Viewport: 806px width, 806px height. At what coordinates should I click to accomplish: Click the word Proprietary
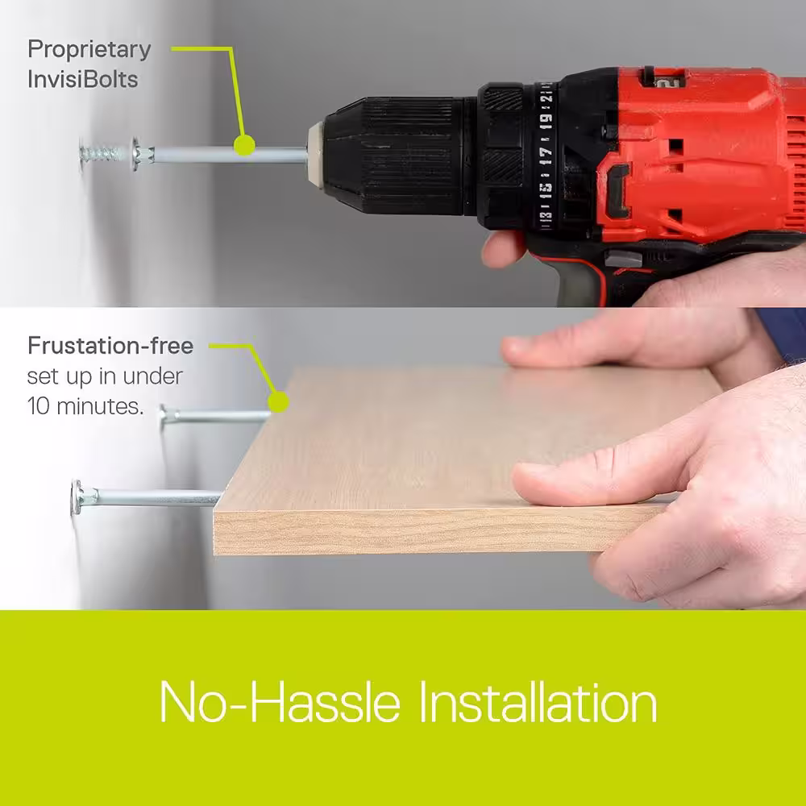pos(89,51)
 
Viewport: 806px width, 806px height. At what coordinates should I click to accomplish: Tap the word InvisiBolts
pos(83,80)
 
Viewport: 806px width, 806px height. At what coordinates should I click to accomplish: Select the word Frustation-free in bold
pos(110,346)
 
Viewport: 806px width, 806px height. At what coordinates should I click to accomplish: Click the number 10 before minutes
pos(38,406)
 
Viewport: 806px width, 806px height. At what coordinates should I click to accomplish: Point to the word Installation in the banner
pos(538,702)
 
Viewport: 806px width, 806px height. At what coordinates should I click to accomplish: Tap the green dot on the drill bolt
pos(244,145)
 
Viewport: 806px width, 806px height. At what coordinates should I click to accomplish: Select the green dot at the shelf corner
pos(278,402)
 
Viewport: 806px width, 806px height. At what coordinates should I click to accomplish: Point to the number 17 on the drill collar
pos(546,156)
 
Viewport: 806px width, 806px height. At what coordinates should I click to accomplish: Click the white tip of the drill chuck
pos(315,152)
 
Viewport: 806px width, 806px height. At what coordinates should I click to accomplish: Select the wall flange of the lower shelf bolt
pos(77,497)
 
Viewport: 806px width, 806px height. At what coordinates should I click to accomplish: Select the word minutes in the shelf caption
pos(100,406)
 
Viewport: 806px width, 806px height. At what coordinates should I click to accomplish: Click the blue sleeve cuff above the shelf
pos(781,331)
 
